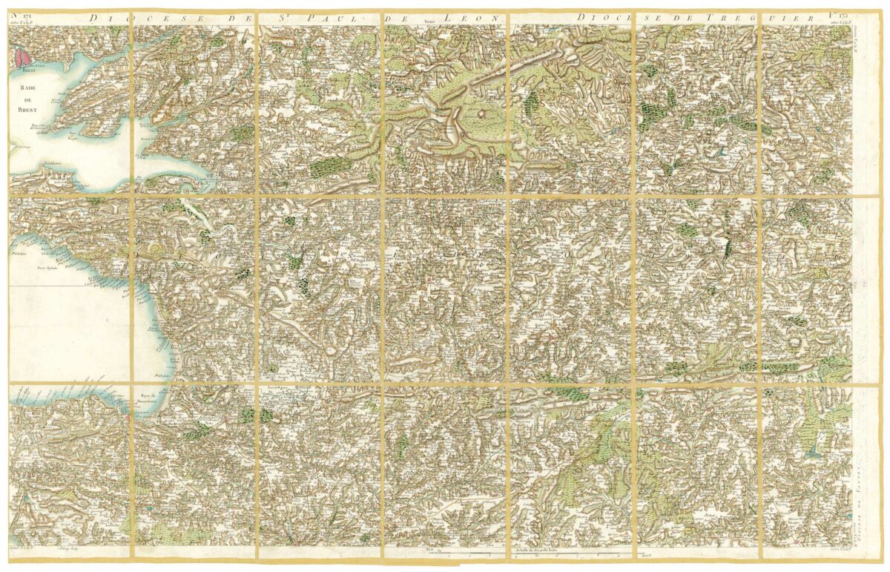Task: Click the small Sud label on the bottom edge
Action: click(429, 550)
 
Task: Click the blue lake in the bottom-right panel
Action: click(814, 450)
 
